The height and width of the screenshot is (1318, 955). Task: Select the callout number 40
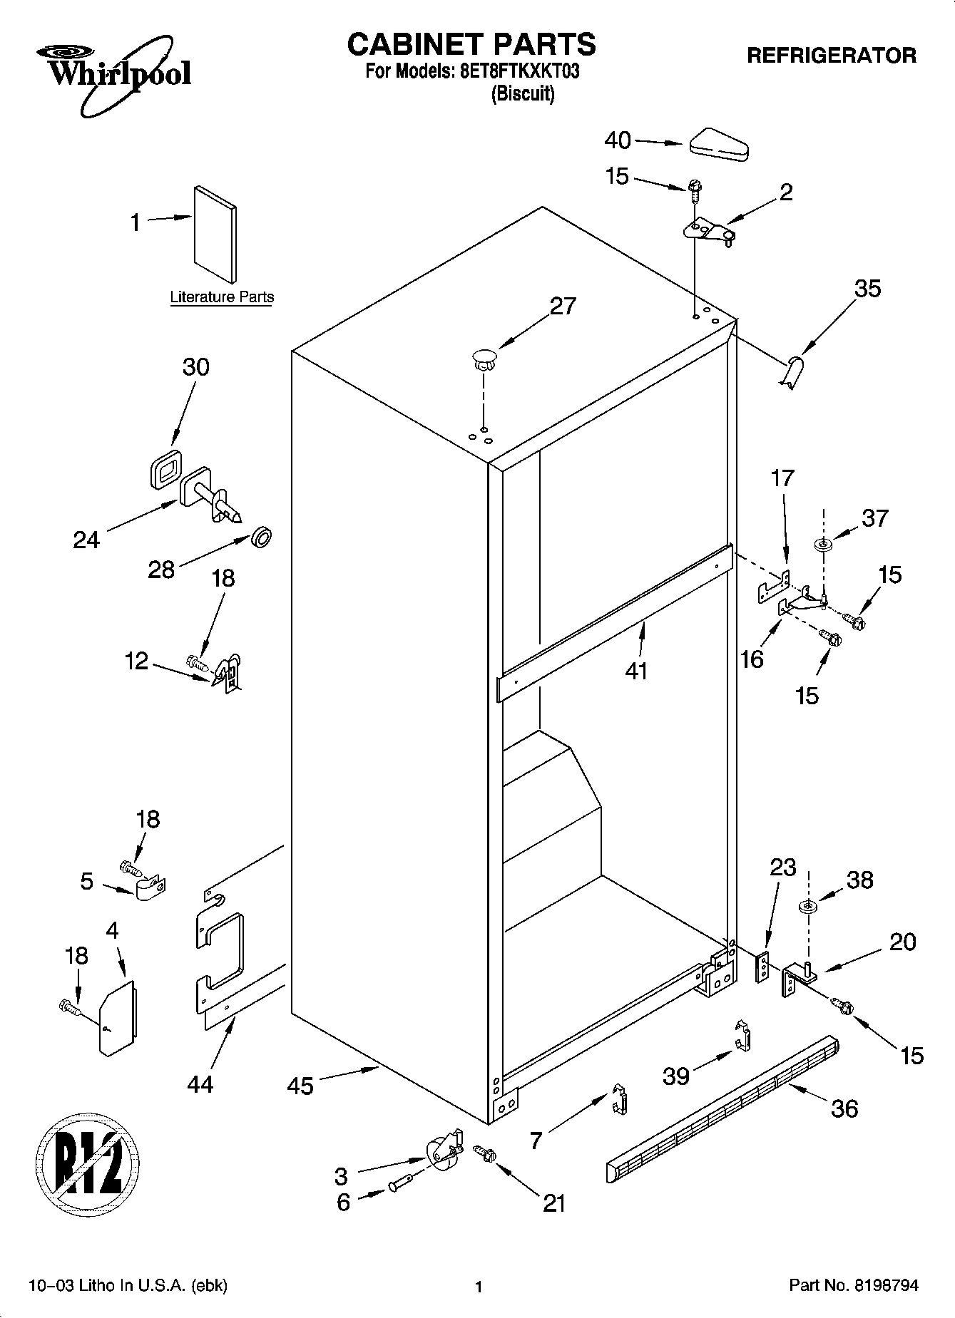click(x=617, y=140)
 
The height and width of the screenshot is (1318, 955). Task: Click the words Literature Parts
click(x=222, y=297)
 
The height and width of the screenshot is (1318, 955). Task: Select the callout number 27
click(x=563, y=306)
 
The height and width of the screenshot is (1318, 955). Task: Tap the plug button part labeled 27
click(x=484, y=358)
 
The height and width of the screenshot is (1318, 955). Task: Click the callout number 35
click(x=867, y=288)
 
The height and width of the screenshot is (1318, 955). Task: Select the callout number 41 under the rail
click(x=636, y=671)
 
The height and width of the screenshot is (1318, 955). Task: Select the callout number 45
click(x=300, y=1086)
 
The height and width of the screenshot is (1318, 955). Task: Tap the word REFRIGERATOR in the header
click(x=831, y=56)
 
